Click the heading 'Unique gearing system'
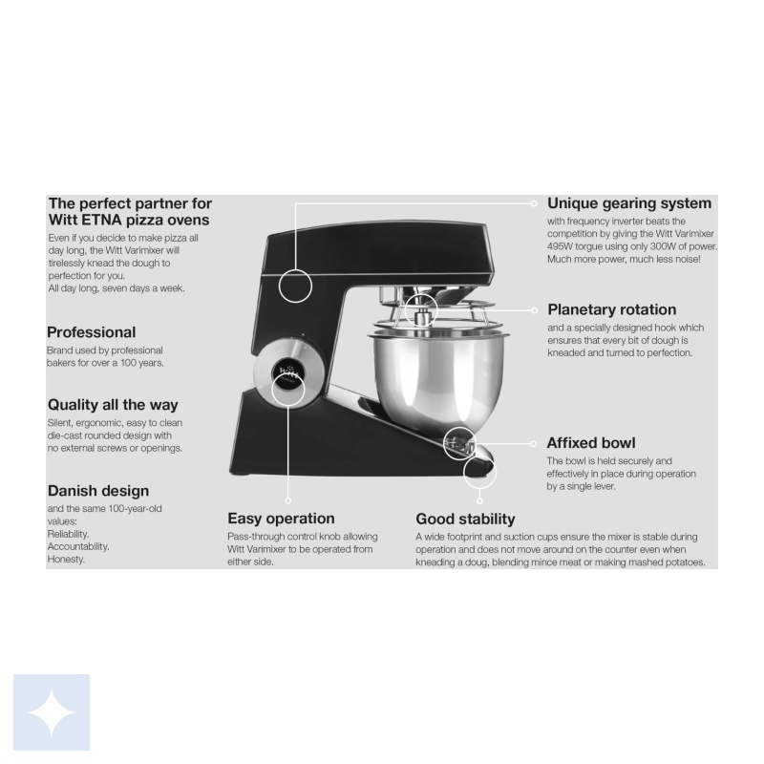(x=629, y=203)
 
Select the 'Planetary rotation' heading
(x=611, y=309)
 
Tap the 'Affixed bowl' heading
(x=590, y=443)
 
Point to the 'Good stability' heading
(x=465, y=520)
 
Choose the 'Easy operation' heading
(x=281, y=519)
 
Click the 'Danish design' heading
(x=98, y=491)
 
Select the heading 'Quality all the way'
(x=113, y=405)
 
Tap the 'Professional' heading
(x=91, y=332)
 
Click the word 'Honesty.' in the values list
(x=66, y=560)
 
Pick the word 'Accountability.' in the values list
(x=78, y=546)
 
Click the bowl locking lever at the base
(x=459, y=444)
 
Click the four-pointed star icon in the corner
(x=52, y=712)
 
